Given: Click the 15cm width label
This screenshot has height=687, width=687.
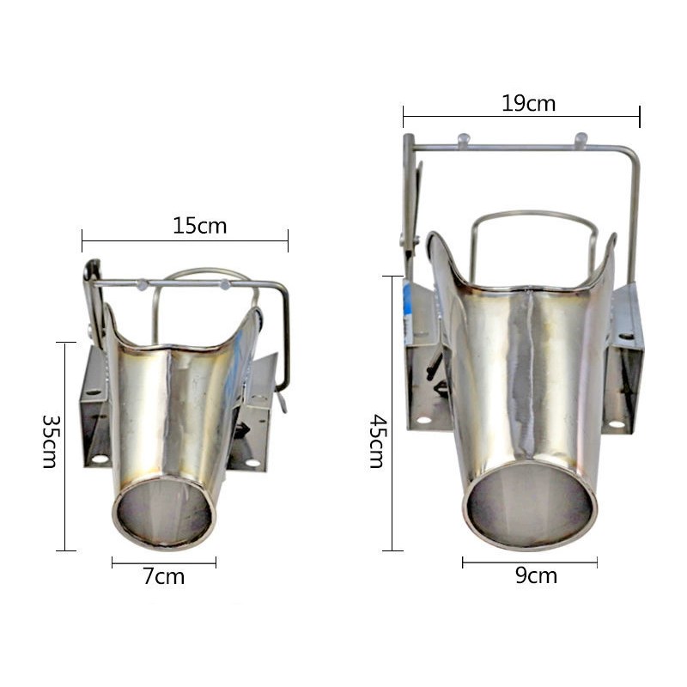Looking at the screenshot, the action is tap(200, 226).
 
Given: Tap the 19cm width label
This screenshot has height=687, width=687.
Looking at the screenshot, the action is tap(528, 104).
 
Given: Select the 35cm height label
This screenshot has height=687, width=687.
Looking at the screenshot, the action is tap(50, 441).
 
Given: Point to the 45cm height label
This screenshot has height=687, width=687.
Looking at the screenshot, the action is tap(377, 441).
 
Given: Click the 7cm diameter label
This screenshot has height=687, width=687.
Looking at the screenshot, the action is tap(164, 576).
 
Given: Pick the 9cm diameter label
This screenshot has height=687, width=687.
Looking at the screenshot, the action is tap(536, 575).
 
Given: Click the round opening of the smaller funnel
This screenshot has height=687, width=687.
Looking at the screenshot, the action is tap(164, 513).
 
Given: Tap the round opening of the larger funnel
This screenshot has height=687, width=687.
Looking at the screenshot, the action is tap(530, 505).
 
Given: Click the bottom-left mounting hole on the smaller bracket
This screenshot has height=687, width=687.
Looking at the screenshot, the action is tap(100, 459).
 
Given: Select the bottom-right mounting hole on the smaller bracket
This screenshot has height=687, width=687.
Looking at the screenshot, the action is tap(252, 463).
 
